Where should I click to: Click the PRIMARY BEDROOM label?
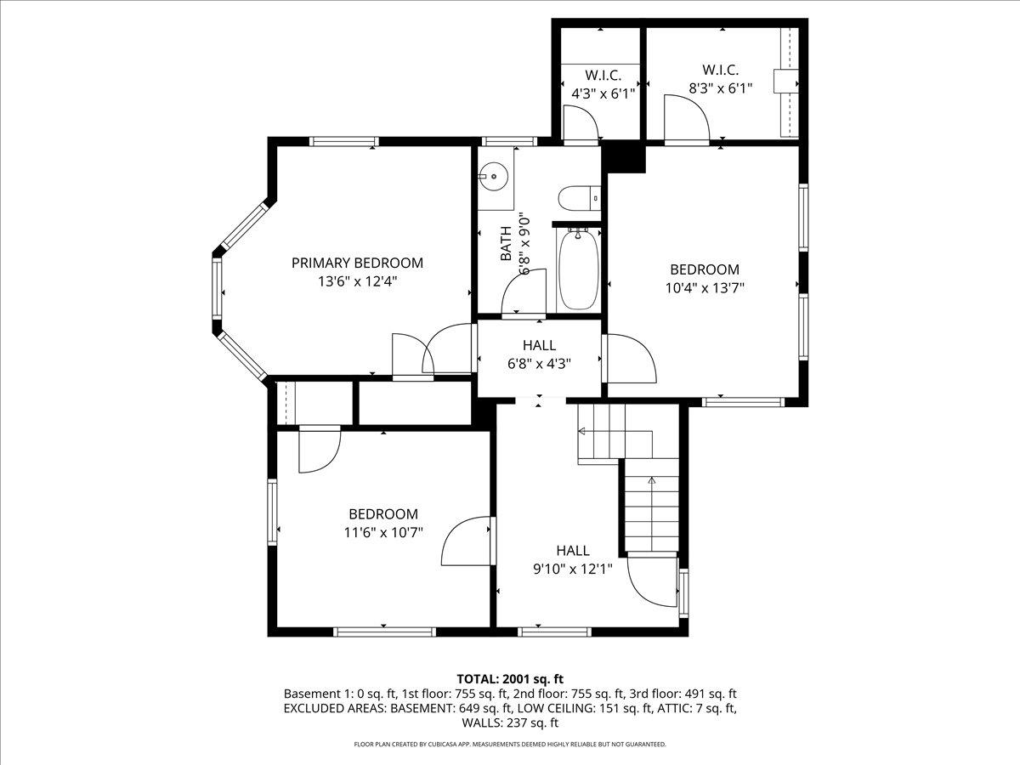point(357,263)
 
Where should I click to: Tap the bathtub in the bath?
point(577,269)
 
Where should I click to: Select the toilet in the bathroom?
point(580,199)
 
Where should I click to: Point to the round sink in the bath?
point(494,177)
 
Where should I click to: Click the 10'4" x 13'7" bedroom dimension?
point(705,288)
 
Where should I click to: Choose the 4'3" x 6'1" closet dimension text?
point(603,93)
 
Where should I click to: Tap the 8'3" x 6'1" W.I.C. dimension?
point(720,88)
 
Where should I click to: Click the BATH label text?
point(506,243)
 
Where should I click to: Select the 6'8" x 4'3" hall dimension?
point(539,364)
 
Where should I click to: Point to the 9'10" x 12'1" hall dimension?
point(573,569)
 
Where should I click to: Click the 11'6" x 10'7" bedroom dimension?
point(383,532)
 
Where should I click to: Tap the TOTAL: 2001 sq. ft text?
point(510,679)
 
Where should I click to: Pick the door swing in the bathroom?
point(524,292)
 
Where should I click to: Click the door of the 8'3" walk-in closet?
point(687,117)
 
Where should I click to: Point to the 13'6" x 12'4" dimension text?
point(357,281)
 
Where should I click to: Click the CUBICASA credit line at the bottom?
point(510,744)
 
